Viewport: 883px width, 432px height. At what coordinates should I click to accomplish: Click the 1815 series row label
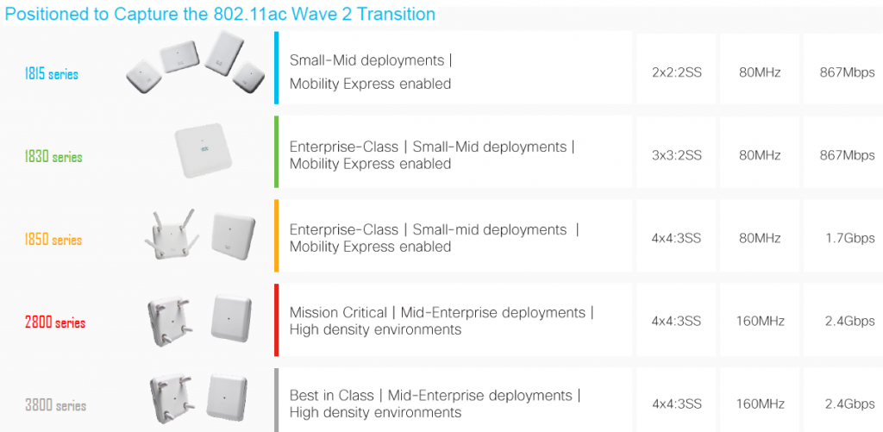tap(52, 75)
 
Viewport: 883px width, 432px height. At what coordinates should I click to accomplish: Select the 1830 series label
tap(53, 158)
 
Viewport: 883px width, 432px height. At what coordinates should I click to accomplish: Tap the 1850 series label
tap(53, 241)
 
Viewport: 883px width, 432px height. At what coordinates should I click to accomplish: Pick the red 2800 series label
tap(55, 323)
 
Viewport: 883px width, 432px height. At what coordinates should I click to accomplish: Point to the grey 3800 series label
tap(55, 406)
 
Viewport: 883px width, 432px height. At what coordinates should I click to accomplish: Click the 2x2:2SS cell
tap(677, 72)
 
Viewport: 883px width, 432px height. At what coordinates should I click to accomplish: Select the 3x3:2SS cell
tap(677, 155)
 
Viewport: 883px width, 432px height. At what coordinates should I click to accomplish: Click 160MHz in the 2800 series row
tap(761, 321)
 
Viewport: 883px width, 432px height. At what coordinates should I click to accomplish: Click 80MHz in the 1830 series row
tap(760, 155)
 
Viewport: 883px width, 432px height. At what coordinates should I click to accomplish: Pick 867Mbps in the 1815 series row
tap(847, 72)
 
